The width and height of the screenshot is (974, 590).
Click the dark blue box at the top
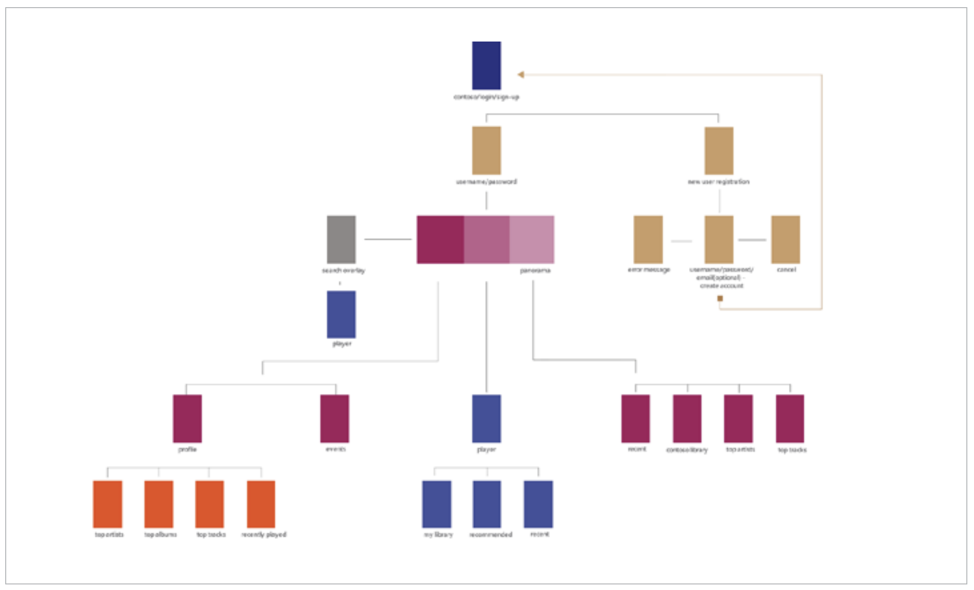pyautogui.click(x=487, y=65)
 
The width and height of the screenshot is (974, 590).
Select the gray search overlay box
pyautogui.click(x=341, y=239)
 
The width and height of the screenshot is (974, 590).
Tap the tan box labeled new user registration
pyautogui.click(x=719, y=151)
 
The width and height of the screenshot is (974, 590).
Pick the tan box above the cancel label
pyautogui.click(x=785, y=239)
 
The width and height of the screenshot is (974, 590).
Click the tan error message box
pyautogui.click(x=648, y=239)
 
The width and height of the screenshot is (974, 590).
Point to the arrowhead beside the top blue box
pyautogui.click(x=521, y=74)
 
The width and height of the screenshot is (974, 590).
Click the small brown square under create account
pyautogui.click(x=720, y=298)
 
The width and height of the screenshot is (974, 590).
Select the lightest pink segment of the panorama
pyautogui.click(x=532, y=239)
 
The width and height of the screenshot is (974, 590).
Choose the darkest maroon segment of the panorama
pyautogui.click(x=440, y=239)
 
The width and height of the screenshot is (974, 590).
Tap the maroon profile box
pyautogui.click(x=187, y=419)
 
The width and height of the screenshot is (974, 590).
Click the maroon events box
pyautogui.click(x=335, y=419)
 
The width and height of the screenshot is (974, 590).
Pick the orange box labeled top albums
pyautogui.click(x=159, y=504)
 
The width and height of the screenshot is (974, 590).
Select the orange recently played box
pyautogui.click(x=261, y=504)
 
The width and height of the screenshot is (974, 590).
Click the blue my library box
pyautogui.click(x=436, y=504)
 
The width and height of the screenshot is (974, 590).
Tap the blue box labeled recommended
pyautogui.click(x=487, y=504)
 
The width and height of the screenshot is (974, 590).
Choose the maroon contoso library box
pyautogui.click(x=687, y=419)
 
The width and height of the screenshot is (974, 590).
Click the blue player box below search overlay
pyautogui.click(x=341, y=314)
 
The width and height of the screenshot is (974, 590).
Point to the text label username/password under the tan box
pyautogui.click(x=487, y=182)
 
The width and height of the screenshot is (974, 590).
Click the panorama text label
pyautogui.click(x=535, y=271)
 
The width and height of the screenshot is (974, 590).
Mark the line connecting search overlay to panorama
pyautogui.click(x=388, y=239)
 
